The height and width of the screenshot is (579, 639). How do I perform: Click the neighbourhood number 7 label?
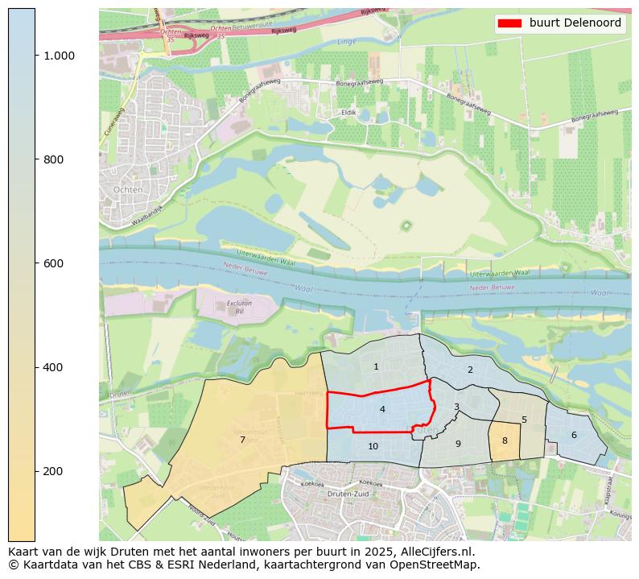[242, 440]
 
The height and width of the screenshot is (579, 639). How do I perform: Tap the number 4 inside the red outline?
[382, 410]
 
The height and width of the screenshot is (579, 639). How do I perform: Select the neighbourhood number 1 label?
[376, 367]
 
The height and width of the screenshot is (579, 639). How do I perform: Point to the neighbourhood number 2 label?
[470, 370]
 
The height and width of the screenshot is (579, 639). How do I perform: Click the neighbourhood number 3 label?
[456, 407]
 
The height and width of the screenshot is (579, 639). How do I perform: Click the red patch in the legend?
[511, 23]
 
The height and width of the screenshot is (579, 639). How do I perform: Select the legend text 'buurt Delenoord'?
[575, 23]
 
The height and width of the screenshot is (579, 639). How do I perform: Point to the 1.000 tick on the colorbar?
[59, 56]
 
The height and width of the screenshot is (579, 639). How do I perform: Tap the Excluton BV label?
[234, 307]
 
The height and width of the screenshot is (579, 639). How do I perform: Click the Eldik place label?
[348, 113]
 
